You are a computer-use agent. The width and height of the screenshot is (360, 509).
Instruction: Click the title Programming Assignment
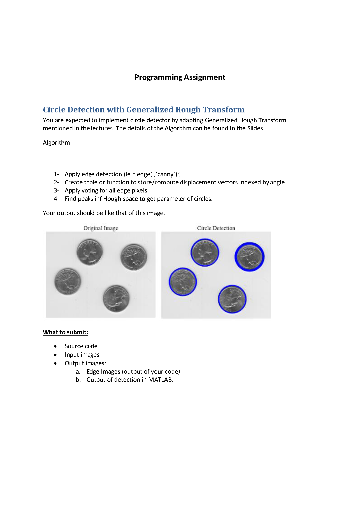(180, 77)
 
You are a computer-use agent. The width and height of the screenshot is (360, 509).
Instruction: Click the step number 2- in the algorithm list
(57, 182)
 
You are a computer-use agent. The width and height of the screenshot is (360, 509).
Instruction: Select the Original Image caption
(100, 228)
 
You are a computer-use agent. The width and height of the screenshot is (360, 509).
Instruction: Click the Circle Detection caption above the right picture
(216, 228)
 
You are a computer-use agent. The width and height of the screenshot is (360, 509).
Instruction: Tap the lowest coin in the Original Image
(116, 298)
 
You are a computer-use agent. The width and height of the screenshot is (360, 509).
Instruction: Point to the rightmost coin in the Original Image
(133, 257)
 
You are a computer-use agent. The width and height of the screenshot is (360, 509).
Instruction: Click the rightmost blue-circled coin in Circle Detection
(249, 256)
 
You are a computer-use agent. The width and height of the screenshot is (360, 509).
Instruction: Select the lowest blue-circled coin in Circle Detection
(232, 299)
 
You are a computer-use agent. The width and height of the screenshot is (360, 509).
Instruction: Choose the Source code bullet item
(81, 346)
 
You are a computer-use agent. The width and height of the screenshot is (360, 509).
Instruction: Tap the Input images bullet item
(82, 355)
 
